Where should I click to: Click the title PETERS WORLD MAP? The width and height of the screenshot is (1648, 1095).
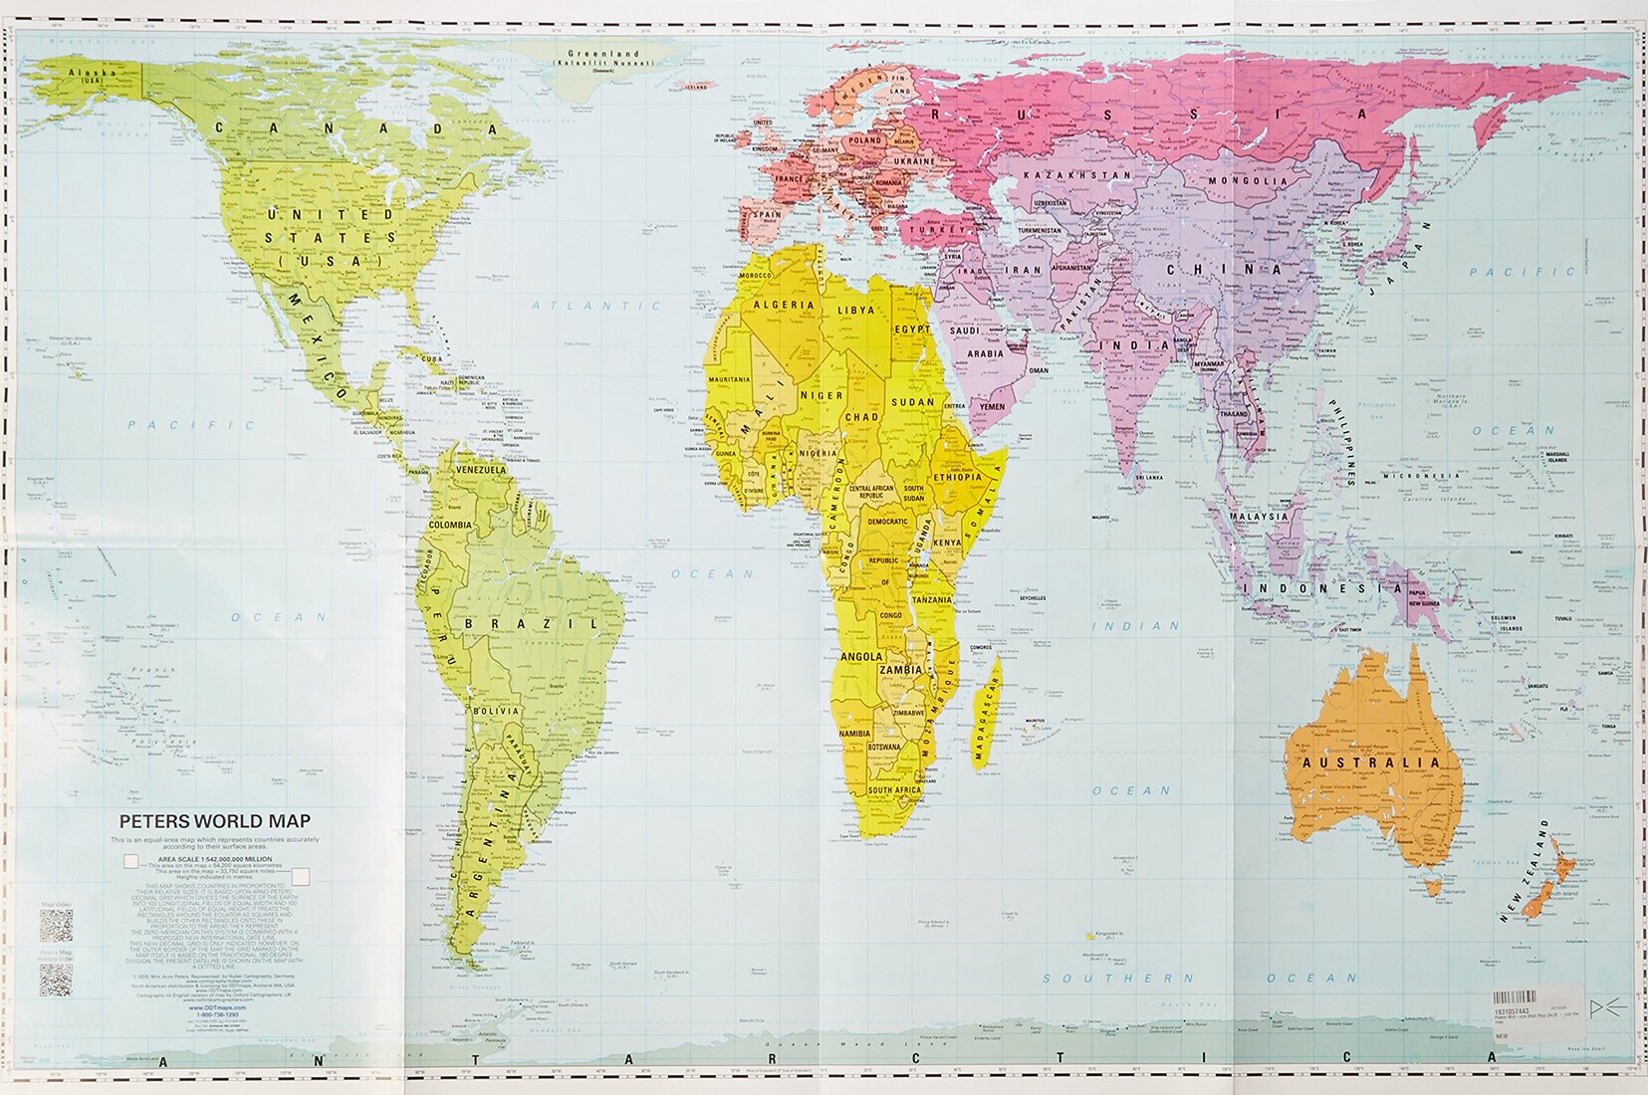tap(214, 821)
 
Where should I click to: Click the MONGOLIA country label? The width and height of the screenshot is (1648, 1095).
tap(1248, 181)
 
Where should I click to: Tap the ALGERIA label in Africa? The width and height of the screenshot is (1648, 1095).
tap(784, 305)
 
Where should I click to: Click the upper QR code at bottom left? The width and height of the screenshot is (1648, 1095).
tap(56, 924)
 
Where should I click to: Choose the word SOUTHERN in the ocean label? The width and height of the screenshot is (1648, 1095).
tap(1103, 978)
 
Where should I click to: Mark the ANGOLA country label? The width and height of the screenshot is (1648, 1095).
tap(862, 657)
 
